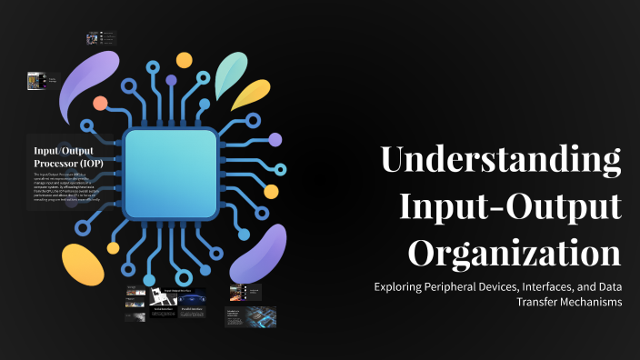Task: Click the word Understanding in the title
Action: click(x=500, y=160)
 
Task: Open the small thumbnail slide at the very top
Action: click(x=100, y=38)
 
